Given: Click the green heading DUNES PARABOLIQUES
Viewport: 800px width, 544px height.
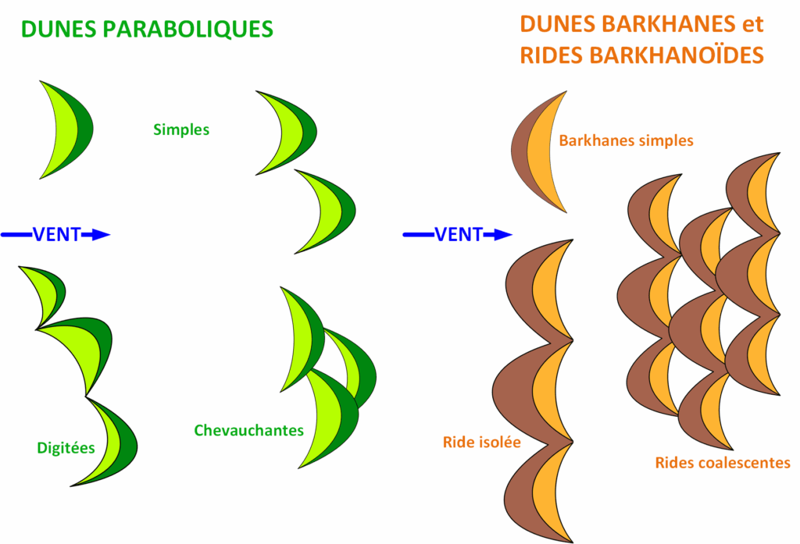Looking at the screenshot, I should [x=147, y=28].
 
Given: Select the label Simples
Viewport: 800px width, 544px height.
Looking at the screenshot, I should [x=181, y=130].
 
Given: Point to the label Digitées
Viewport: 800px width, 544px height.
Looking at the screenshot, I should [x=66, y=448].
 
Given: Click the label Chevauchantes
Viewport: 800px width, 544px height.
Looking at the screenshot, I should [x=248, y=430].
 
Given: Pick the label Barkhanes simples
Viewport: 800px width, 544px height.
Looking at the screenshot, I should [x=626, y=141].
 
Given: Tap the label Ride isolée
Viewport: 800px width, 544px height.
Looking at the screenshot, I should [x=481, y=443].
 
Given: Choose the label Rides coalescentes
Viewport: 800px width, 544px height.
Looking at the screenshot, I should [x=722, y=463].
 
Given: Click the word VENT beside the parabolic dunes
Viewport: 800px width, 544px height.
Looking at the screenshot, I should [x=56, y=234].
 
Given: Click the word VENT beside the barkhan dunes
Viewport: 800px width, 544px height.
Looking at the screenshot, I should [x=459, y=234].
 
